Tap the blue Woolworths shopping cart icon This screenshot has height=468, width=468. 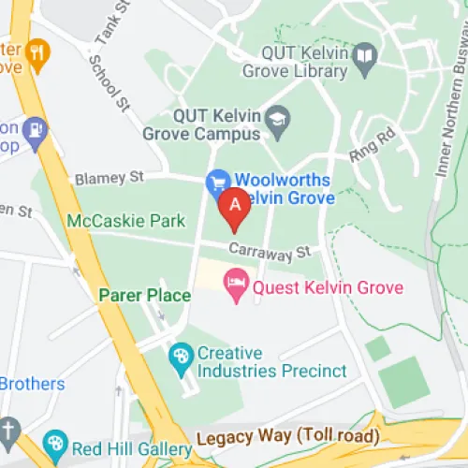pyautogui.click(x=219, y=179)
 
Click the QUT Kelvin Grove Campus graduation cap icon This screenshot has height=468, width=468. pyautogui.click(x=278, y=119)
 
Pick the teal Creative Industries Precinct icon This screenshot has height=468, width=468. pyautogui.click(x=180, y=356)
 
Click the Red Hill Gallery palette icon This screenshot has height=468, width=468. pyautogui.click(x=55, y=442)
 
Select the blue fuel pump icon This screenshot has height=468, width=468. pyautogui.click(x=36, y=128)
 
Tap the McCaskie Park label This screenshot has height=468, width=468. pyautogui.click(x=125, y=221)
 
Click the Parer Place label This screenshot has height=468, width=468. pyautogui.click(x=145, y=296)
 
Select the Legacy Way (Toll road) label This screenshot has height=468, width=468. pyautogui.click(x=287, y=436)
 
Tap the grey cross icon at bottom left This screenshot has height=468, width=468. pyautogui.click(x=8, y=429)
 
